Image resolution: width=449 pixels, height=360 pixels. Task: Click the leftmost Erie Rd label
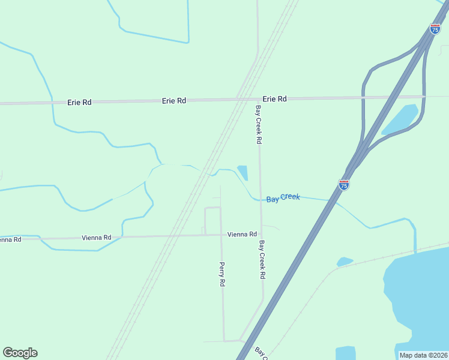pyautogui.click(x=79, y=103)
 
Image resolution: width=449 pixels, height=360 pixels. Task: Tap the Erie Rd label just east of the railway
pyautogui.click(x=274, y=99)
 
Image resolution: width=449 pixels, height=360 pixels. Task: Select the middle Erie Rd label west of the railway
pyautogui.click(x=173, y=101)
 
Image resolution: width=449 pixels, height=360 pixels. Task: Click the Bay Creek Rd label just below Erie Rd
pyautogui.click(x=259, y=125)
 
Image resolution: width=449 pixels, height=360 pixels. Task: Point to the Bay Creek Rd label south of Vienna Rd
pyautogui.click(x=262, y=260)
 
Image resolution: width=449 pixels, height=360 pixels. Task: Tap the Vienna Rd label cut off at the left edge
pyautogui.click(x=10, y=239)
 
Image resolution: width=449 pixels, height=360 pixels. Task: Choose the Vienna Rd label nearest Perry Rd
pyautogui.click(x=242, y=234)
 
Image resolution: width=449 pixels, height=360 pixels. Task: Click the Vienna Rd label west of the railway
pyautogui.click(x=97, y=238)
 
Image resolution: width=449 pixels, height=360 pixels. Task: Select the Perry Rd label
pyautogui.click(x=221, y=274)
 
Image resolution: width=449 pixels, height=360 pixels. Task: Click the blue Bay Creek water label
pyautogui.click(x=283, y=197)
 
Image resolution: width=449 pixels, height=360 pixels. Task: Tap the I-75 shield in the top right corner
pyautogui.click(x=435, y=29)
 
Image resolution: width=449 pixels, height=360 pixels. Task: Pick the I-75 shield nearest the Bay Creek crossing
pyautogui.click(x=344, y=185)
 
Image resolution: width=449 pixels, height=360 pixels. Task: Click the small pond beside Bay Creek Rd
pyautogui.click(x=243, y=172)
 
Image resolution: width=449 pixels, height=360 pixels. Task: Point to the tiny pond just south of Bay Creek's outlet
pyautogui.click(x=345, y=262)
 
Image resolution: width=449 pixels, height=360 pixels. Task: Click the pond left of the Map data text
pyautogui.click(x=346, y=353)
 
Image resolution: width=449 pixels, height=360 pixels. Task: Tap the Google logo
pyautogui.click(x=20, y=353)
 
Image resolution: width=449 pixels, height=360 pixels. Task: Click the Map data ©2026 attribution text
pyautogui.click(x=423, y=355)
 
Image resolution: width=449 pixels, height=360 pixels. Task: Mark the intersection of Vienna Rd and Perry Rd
pyautogui.click(x=222, y=235)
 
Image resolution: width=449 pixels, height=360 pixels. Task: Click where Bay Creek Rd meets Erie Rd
pyautogui.click(x=259, y=98)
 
